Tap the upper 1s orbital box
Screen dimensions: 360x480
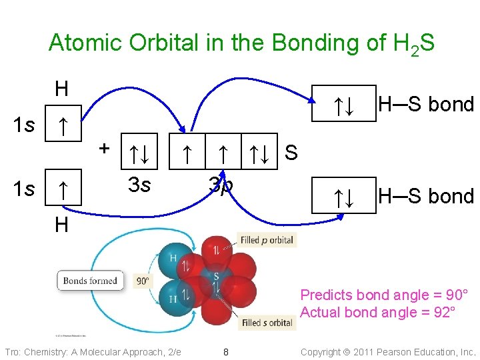point(61,124)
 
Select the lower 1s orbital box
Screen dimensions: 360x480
point(61,190)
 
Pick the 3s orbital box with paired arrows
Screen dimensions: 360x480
point(139,155)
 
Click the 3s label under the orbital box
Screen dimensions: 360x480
point(139,184)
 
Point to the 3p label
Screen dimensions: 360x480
point(220,184)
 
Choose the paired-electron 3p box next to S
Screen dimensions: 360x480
point(261,155)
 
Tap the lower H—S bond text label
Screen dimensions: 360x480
point(425,196)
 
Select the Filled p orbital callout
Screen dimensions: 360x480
point(267,240)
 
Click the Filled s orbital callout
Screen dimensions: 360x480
point(267,323)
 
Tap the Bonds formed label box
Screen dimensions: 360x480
point(90,281)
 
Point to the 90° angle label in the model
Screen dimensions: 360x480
point(143,281)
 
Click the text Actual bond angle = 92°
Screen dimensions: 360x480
point(378,313)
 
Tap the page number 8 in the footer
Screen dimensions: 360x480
point(226,352)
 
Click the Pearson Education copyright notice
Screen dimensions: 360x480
point(388,352)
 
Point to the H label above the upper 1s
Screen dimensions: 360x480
point(61,88)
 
